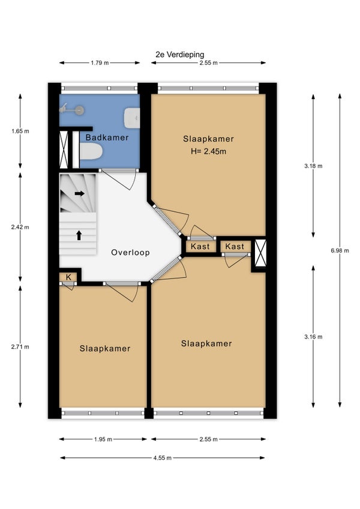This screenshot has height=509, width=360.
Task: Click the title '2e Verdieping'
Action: click(180, 55)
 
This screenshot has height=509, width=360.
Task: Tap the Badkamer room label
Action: click(107, 137)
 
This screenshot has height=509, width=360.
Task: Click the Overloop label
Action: click(130, 252)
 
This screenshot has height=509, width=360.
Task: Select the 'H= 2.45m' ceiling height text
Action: click(208, 151)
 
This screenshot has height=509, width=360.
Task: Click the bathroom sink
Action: click(132, 118)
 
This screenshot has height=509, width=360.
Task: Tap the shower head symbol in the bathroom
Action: click(72, 109)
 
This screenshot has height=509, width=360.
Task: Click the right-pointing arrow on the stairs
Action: click(80, 193)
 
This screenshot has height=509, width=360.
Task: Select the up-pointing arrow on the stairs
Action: click(79, 235)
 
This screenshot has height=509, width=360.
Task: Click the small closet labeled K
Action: click(68, 277)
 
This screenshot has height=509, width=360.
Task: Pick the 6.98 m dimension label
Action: click(340, 250)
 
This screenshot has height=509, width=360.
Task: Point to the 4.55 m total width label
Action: click(163, 458)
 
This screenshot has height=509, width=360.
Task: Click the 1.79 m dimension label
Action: click(100, 62)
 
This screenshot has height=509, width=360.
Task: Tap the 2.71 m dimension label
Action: click(20, 347)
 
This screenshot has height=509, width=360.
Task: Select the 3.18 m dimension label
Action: click(313, 166)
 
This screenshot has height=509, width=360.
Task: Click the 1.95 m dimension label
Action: click(103, 439)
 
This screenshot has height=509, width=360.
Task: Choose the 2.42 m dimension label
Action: click(20, 227)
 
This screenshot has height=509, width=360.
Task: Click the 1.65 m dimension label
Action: click(20, 131)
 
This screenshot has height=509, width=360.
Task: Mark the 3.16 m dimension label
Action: click(313, 337)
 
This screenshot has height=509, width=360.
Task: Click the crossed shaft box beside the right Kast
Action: click(260, 253)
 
